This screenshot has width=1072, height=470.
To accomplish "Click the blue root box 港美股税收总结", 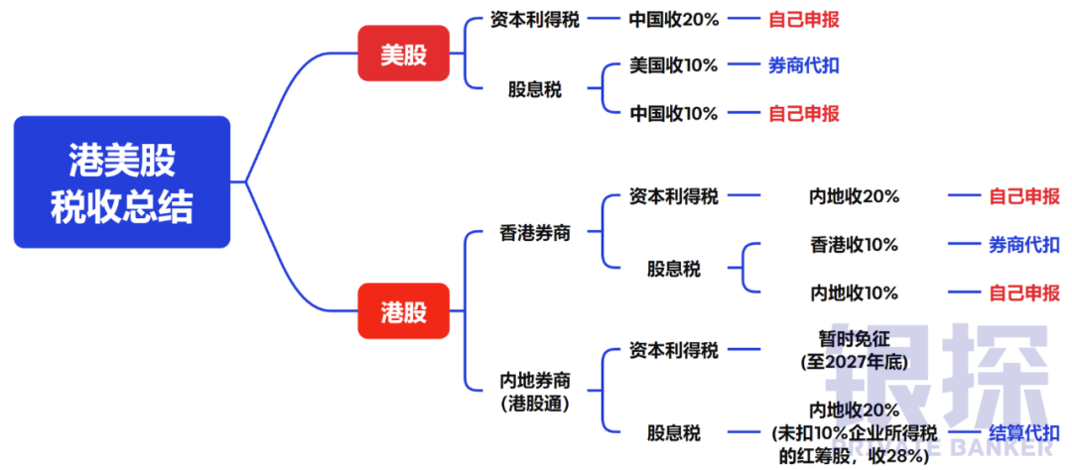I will click(x=122, y=182).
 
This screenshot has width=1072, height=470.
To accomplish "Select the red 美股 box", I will click(x=403, y=54).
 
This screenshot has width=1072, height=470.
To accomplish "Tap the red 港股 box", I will click(x=403, y=311).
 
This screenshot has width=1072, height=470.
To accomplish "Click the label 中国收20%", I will click(x=674, y=19).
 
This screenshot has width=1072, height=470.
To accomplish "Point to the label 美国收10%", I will click(x=674, y=65).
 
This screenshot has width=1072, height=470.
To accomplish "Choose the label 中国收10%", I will click(x=674, y=113).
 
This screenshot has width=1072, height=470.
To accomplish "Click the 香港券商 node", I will click(x=535, y=234).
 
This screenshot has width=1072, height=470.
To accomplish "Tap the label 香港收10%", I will click(x=854, y=244).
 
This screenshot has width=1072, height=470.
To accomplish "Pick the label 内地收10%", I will click(x=854, y=293).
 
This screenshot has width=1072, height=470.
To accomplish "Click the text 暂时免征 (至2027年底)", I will click(x=854, y=350).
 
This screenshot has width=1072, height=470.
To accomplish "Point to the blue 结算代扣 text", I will click(x=1023, y=432).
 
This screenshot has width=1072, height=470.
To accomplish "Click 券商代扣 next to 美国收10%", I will click(x=803, y=65).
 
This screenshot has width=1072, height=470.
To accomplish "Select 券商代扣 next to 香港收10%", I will click(x=1023, y=244).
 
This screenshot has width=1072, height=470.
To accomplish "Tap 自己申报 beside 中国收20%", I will click(x=803, y=19).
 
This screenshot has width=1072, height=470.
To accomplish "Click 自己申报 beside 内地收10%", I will click(x=1023, y=293).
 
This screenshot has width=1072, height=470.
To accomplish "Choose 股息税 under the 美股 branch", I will click(x=535, y=89).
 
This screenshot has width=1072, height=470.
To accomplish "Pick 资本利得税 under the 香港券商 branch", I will click(x=674, y=195).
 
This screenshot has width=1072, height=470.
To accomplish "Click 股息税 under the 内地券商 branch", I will click(x=674, y=432).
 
